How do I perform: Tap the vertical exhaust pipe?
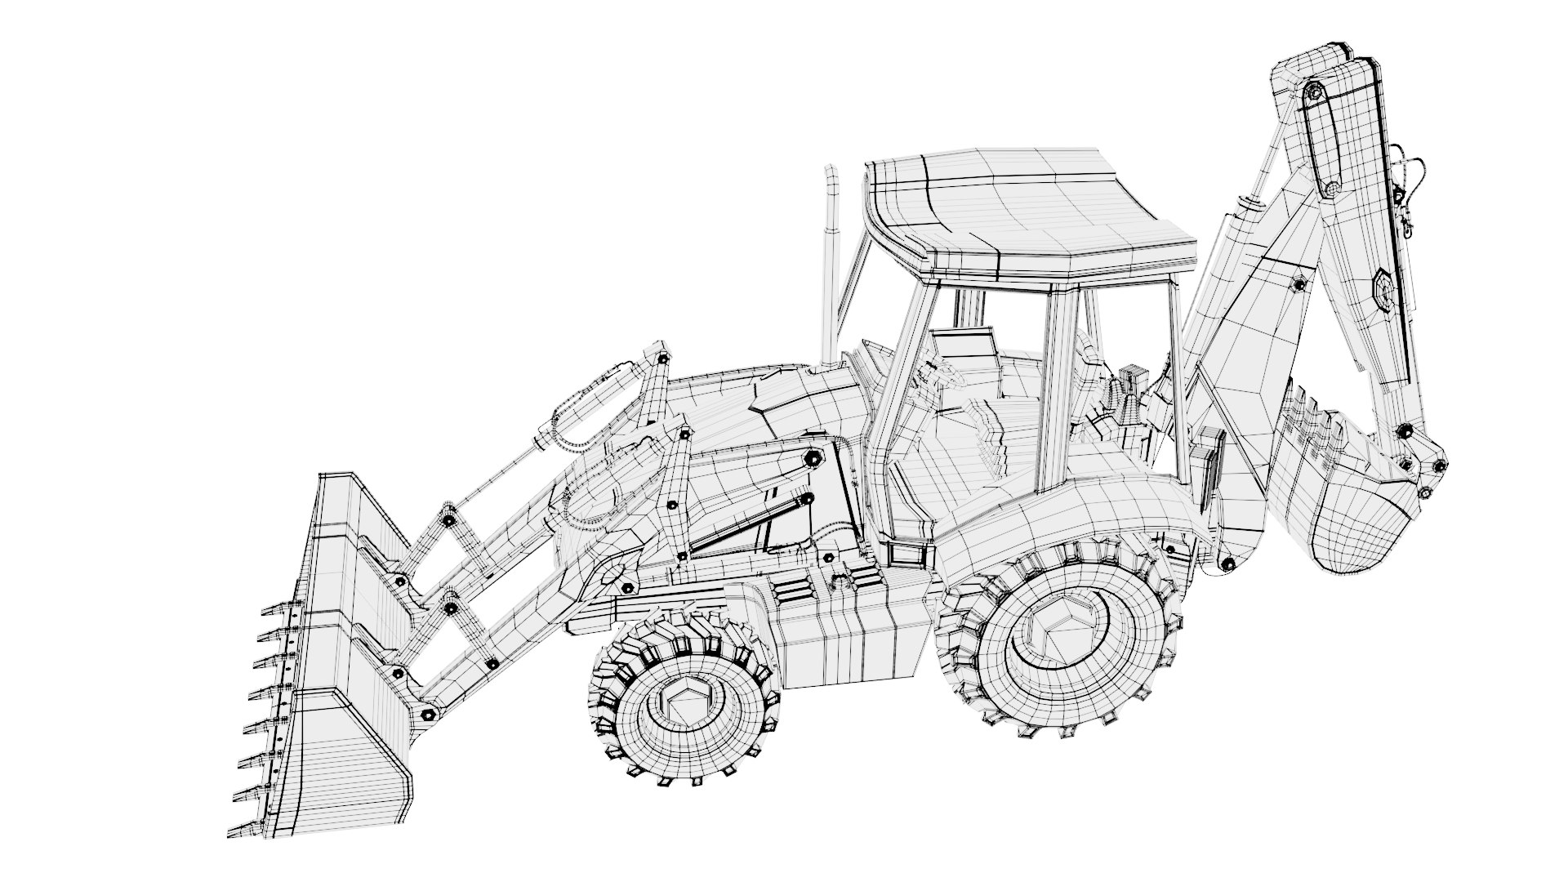point(831,269)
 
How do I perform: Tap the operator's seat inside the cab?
point(972,359)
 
